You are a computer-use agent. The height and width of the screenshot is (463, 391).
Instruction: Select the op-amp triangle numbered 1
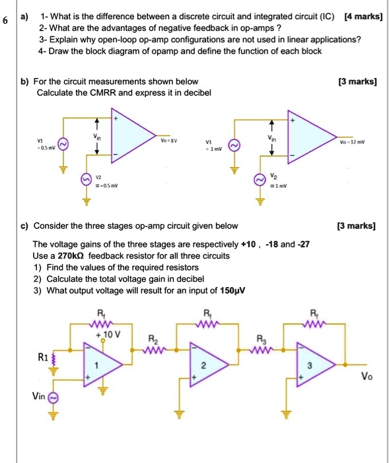(x=96, y=364)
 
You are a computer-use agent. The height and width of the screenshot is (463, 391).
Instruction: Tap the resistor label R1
(x=42, y=357)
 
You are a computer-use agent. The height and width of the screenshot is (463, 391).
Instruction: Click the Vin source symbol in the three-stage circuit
(x=54, y=397)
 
